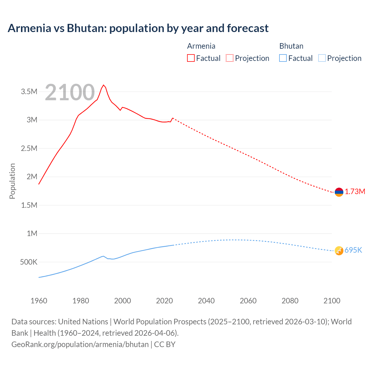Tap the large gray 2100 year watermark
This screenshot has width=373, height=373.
(x=70, y=92)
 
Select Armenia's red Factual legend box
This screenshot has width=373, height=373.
(x=191, y=58)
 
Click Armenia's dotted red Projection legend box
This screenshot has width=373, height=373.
(x=230, y=58)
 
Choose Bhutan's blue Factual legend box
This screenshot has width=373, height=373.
(x=283, y=58)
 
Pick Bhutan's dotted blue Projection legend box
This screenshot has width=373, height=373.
(x=322, y=58)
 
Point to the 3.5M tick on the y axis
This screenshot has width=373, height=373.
(x=29, y=92)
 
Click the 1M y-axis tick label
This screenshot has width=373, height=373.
(x=32, y=233)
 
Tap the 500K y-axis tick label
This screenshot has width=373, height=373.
(x=29, y=262)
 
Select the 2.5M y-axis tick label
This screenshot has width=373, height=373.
(x=29, y=148)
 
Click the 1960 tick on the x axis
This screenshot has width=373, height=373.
(x=39, y=301)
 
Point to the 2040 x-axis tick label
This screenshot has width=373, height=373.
(x=206, y=301)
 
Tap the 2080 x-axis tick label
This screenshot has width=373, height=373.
(x=290, y=301)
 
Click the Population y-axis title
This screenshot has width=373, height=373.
(x=12, y=181)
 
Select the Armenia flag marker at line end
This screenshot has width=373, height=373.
(x=339, y=192)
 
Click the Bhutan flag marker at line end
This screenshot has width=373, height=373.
(x=339, y=251)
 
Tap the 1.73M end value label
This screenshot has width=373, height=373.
(x=355, y=191)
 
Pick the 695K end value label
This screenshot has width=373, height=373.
(x=353, y=250)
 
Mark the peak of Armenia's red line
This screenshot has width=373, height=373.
(x=103, y=85)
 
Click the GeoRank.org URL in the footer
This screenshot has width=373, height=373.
(x=80, y=344)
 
